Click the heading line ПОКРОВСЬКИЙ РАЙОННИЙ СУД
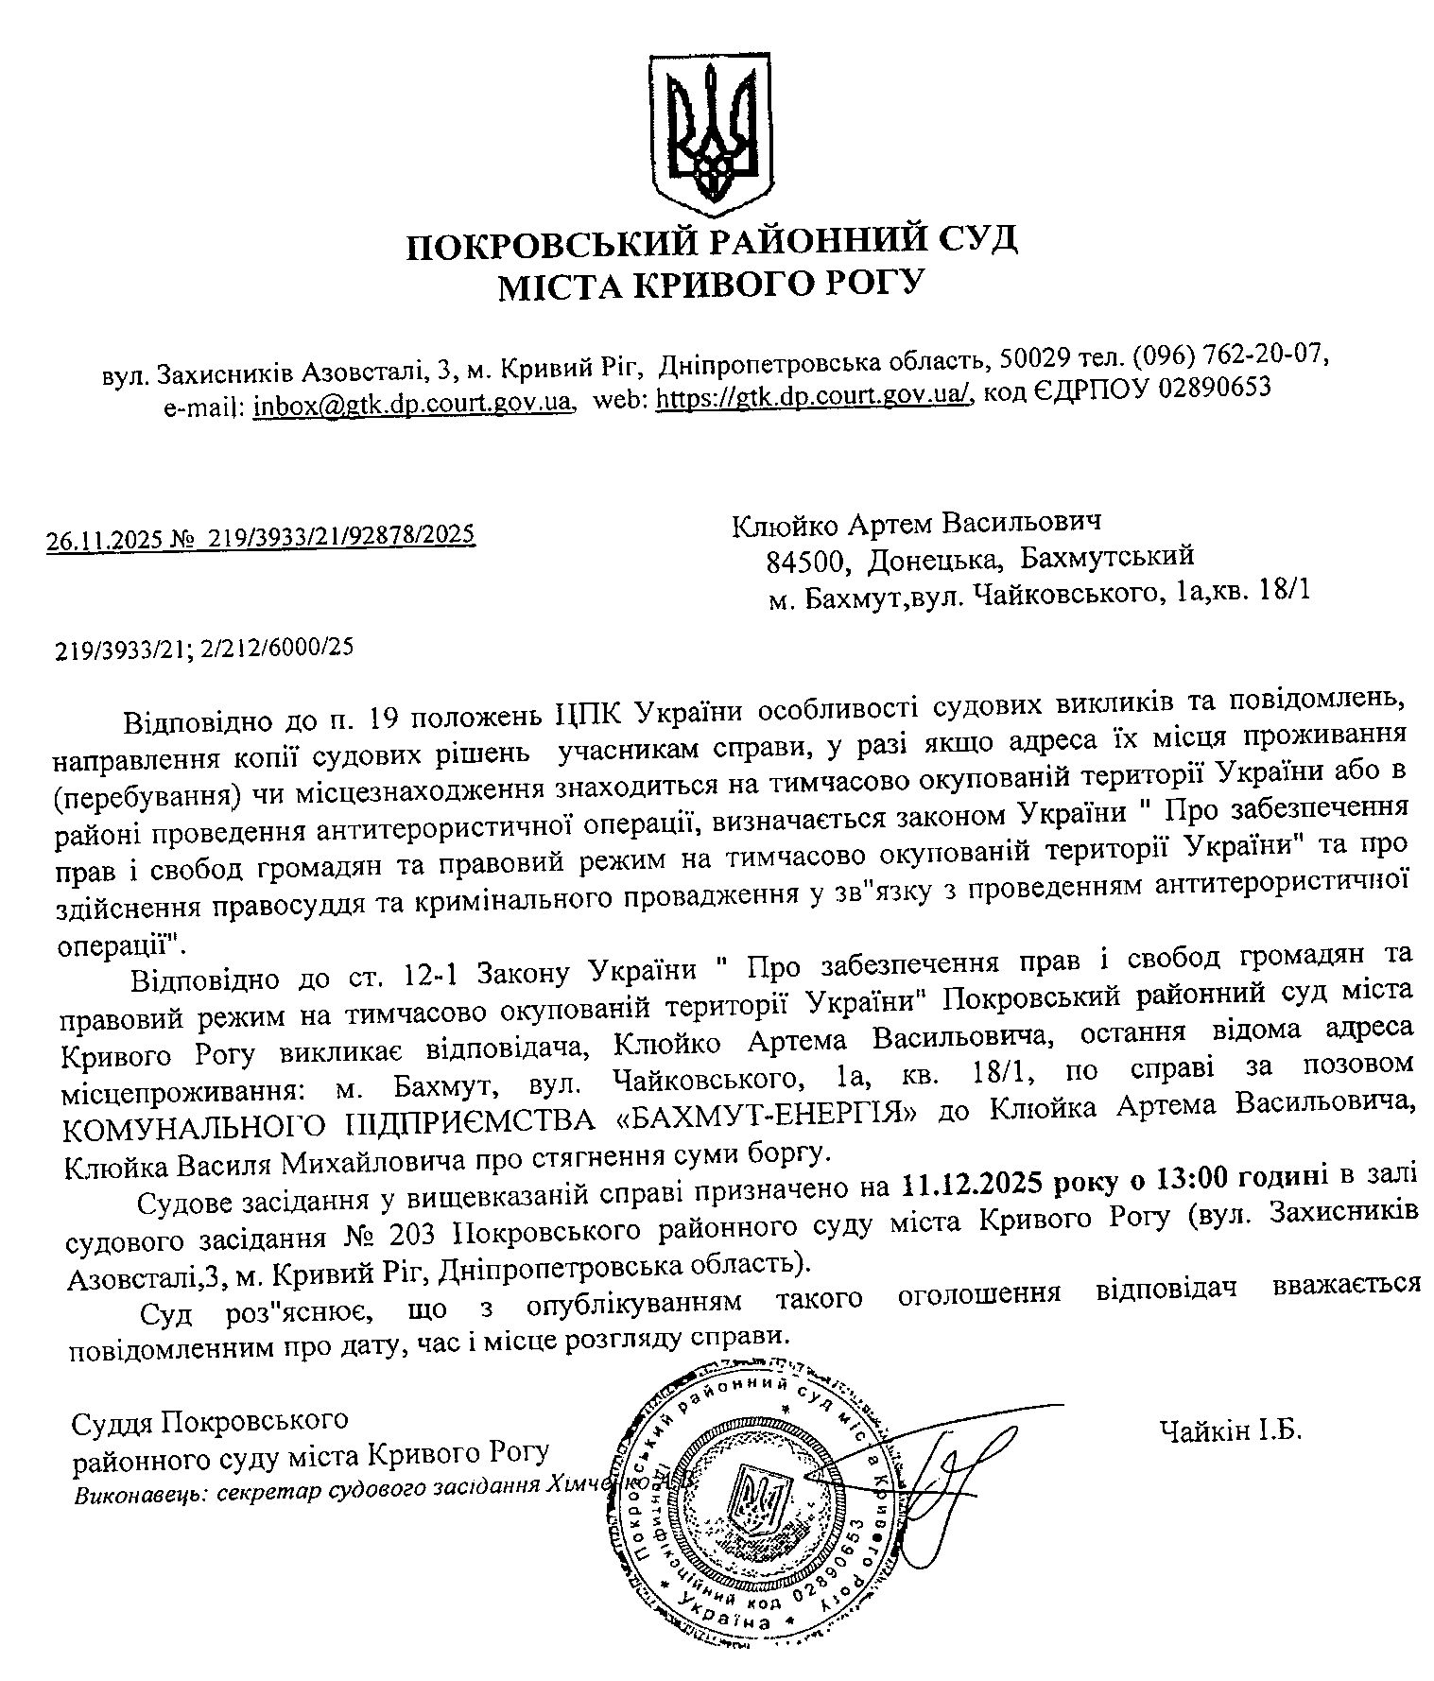coord(712,242)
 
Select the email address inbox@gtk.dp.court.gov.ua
coord(413,403)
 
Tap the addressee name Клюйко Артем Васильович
coord(918,524)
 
